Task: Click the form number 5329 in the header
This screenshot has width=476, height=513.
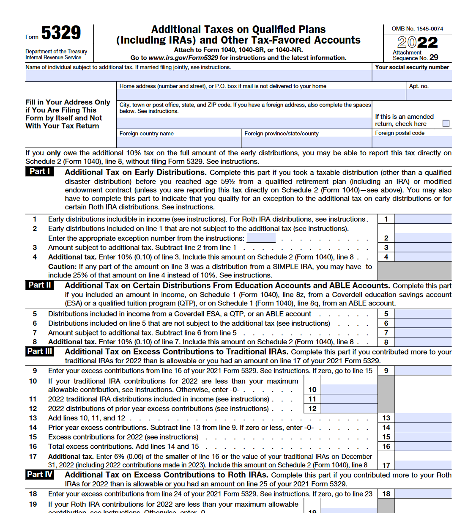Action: click(61, 33)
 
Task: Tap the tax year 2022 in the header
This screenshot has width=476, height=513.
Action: click(417, 42)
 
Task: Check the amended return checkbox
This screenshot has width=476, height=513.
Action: click(446, 123)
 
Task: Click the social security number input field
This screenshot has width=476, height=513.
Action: click(412, 76)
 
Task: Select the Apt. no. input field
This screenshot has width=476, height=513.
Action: click(429, 95)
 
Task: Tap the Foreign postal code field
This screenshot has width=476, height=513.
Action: click(412, 142)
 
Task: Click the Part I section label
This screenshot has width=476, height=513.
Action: click(40, 171)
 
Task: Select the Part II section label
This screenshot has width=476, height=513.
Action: click(40, 285)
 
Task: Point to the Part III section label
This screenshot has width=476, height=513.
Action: click(40, 351)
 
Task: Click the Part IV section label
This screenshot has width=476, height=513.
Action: click(40, 475)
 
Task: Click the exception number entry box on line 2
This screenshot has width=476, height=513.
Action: click(261, 238)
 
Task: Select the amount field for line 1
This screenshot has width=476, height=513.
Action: click(423, 219)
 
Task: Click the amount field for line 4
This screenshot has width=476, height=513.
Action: click(423, 257)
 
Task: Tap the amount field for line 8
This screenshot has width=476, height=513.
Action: click(423, 342)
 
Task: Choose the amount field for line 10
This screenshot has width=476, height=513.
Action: click(349, 390)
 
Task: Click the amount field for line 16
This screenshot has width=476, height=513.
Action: click(423, 446)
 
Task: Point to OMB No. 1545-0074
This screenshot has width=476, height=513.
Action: click(417, 29)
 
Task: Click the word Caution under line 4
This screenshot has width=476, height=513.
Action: click(62, 267)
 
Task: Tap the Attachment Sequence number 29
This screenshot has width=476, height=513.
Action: click(434, 58)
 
